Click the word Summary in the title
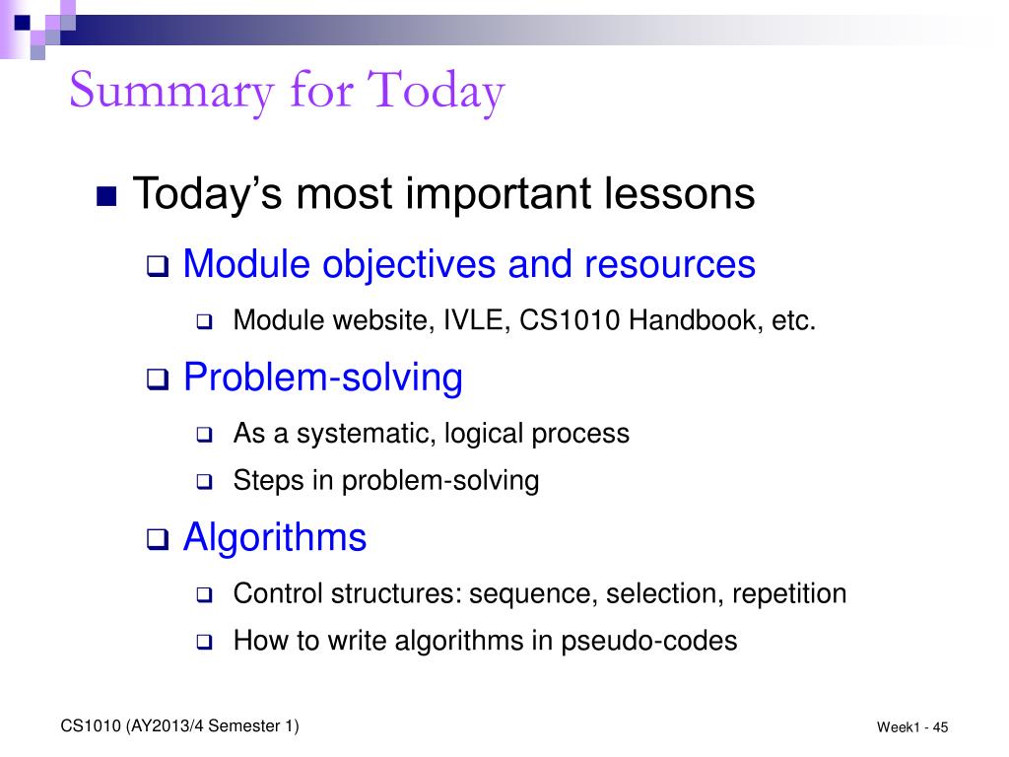pos(171,92)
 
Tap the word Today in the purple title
pos(436,92)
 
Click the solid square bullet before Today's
pos(106,196)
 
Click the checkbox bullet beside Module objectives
pos(157,266)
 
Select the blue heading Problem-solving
pos(323,378)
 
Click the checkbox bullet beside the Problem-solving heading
pos(157,379)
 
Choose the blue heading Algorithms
pos(275,537)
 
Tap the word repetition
pos(789,594)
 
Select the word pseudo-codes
pos(648,641)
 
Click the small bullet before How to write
pos(204,642)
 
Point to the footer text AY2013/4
pos(165,726)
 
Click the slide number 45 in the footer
pos(940,727)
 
